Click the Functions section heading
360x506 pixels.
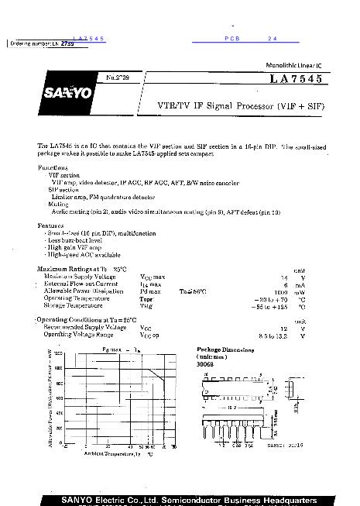click(53, 167)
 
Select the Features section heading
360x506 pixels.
click(51, 225)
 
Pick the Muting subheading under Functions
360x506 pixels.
click(58, 205)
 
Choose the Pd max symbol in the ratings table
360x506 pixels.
click(150, 291)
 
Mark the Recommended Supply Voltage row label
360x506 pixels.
click(84, 328)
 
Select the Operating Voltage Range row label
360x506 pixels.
click(79, 335)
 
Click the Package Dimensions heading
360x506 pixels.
click(226, 349)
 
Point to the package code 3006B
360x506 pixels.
click(207, 364)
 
